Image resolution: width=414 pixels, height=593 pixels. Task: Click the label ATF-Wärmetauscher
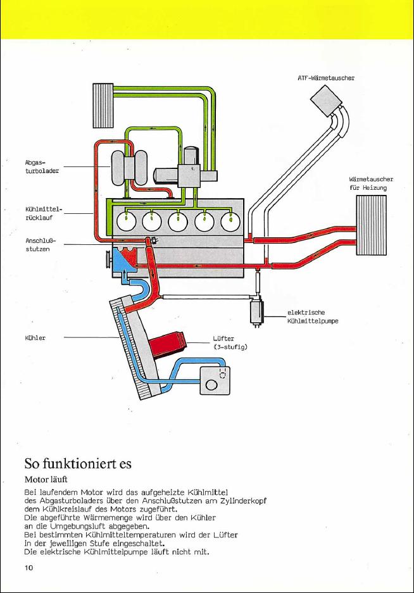point(325,78)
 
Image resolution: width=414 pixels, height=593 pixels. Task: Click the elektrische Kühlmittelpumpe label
point(312,316)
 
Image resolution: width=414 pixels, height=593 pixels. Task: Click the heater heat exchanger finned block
point(371,225)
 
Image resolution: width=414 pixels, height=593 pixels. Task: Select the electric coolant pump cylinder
point(258,311)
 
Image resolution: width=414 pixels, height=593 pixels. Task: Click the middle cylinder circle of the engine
point(179,220)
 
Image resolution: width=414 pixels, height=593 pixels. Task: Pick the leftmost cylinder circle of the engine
point(127,220)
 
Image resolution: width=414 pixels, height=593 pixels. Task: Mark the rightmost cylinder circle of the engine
point(231,220)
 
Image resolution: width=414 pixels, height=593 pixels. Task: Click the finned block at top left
point(102,104)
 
